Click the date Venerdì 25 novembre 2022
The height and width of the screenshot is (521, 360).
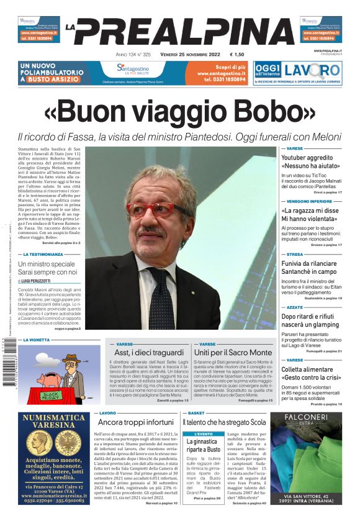point(184,55)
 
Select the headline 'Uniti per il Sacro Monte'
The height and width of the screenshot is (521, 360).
point(228,353)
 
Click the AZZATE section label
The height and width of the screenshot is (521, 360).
point(295,307)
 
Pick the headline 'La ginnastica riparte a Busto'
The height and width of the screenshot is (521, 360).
point(202,445)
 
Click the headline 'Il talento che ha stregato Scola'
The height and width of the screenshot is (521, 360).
point(224,422)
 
